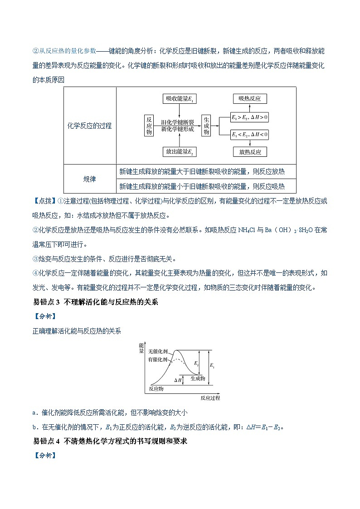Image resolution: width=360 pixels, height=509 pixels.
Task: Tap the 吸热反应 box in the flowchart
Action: [250, 99]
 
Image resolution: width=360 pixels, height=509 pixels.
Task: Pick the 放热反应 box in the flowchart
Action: [250, 152]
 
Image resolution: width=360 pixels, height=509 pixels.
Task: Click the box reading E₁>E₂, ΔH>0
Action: [250, 117]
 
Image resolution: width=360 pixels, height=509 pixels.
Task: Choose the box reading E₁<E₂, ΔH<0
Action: [250, 134]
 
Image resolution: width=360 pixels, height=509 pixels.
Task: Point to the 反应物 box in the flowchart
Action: [149, 126]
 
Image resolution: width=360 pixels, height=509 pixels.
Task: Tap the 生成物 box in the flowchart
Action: [206, 126]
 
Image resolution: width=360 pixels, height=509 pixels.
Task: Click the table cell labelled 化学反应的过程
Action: [89, 126]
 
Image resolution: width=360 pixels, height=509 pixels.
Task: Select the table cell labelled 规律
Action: [89, 179]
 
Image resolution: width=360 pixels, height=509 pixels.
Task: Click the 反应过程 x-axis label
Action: [210, 398]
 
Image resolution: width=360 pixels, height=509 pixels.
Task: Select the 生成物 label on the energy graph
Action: [198, 378]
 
